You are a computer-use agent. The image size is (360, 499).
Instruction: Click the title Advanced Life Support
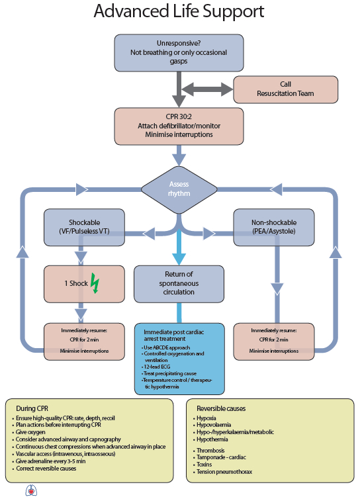[x=179, y=12]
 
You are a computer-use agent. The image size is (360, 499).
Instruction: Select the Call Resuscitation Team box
[x=286, y=89]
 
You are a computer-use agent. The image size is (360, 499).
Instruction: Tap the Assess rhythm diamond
[x=179, y=190]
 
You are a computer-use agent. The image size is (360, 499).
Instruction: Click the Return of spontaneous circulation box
[x=179, y=283]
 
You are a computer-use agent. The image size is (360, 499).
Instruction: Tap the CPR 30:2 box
[x=179, y=125]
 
